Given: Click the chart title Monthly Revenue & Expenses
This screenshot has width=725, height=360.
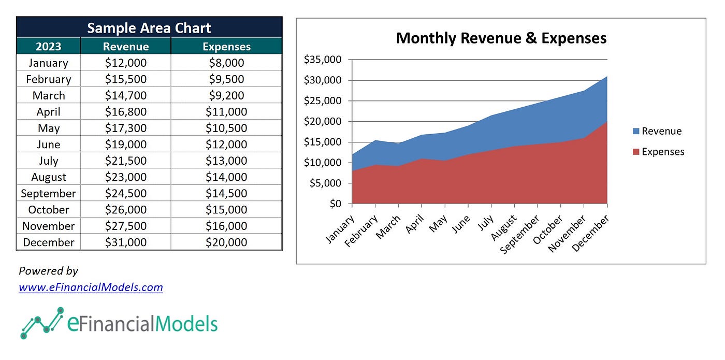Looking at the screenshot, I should coord(501,38).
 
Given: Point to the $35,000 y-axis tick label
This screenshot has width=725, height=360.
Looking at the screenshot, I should coord(322,60).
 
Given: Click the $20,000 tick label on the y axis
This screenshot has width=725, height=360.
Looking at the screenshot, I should coord(322,121).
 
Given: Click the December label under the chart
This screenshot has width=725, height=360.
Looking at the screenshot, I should coord(591,234).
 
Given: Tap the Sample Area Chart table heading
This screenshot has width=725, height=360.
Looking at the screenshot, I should coord(149,28).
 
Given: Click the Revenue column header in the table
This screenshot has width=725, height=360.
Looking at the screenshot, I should coord(126,47).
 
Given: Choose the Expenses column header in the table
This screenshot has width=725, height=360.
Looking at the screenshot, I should coord(226,47).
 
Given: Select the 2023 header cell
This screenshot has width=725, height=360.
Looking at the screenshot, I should coord(49,47).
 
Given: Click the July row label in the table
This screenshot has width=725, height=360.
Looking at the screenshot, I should coord(49,161).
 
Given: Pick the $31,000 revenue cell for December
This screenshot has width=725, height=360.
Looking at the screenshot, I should coord(126,242).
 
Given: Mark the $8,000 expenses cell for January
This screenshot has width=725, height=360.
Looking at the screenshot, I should coord(226,63).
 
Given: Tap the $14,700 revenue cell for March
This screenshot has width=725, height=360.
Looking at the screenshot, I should coord(126,96).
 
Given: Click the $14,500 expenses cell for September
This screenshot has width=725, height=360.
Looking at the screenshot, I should coord(226,193).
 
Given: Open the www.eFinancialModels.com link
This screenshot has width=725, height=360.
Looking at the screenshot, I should coord(91,287).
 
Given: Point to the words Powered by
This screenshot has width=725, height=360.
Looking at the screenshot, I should coord(48,270).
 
